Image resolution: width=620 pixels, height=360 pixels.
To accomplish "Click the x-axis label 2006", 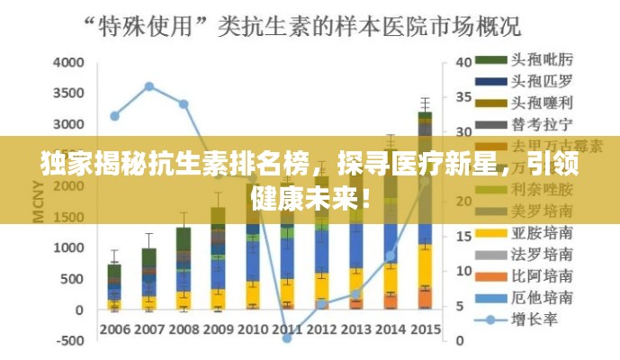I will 114,328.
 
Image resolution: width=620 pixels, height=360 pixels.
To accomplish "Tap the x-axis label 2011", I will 287,328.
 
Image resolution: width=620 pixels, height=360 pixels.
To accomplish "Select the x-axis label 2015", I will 425,328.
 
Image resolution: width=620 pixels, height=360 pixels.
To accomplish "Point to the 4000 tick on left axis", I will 67,63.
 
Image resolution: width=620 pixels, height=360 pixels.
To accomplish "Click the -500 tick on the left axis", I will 67,341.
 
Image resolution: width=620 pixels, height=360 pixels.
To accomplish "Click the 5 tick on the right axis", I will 460,306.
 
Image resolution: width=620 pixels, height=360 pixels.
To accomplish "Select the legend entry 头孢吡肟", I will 543,59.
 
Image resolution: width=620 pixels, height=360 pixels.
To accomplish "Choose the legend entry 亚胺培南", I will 543,232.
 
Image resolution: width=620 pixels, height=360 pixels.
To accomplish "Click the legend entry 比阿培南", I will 543,275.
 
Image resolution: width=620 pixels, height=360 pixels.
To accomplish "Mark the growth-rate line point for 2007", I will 148,87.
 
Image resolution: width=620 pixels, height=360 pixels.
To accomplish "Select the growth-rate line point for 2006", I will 114,115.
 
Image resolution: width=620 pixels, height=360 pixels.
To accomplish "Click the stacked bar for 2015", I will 425,211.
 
